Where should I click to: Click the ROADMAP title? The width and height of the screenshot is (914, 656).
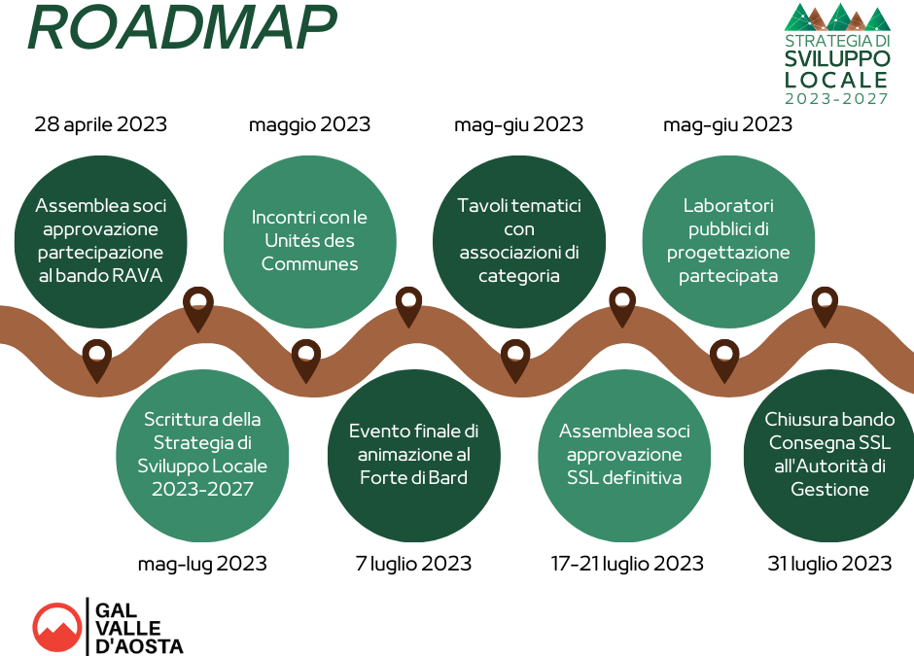click(182, 28)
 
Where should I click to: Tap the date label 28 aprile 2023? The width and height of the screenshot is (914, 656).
click(101, 124)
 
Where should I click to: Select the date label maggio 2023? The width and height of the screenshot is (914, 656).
click(309, 124)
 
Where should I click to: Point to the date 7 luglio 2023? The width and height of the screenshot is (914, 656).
click(413, 564)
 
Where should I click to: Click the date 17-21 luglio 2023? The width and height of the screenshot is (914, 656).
click(627, 564)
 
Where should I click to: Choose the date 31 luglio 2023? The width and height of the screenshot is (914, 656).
click(829, 564)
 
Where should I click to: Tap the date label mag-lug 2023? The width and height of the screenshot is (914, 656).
click(202, 564)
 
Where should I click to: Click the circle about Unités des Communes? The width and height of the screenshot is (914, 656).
click(309, 241)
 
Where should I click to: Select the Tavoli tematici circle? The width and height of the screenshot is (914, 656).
click(519, 241)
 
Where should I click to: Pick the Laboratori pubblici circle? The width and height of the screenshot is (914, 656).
click(728, 241)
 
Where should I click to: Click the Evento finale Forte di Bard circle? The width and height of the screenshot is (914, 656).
click(414, 456)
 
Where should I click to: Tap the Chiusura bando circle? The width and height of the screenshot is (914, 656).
click(829, 456)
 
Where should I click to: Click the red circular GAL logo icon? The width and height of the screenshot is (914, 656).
click(57, 628)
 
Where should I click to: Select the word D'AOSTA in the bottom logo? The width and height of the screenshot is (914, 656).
click(139, 646)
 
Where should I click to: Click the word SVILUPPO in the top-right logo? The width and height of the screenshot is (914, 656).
click(837, 59)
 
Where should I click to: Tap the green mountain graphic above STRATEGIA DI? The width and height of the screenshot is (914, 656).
click(837, 17)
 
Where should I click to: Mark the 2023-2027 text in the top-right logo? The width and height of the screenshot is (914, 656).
click(836, 98)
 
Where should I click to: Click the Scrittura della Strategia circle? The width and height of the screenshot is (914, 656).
click(202, 456)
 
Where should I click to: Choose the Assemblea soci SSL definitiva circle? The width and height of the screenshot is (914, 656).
click(623, 456)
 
